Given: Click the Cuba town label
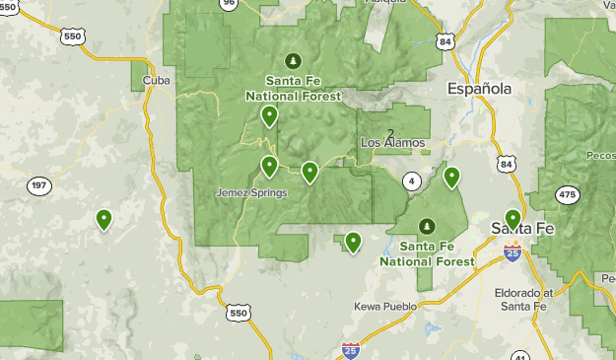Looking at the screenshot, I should coord(151,80).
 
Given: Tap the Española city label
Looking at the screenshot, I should coord(479,89).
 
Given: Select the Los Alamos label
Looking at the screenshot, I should coord(392,143).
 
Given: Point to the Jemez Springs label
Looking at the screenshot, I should coord(251,192).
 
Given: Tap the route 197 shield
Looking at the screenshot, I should coord(39,185).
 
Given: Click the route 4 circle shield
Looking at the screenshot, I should coord(411,180).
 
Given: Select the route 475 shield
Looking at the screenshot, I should coord(567,195).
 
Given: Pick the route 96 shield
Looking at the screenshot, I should coord(229,3).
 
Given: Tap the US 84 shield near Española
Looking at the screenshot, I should coord(445,41).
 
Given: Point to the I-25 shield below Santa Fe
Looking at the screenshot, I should coord(512,253).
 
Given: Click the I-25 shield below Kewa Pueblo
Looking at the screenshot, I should coord(351,349).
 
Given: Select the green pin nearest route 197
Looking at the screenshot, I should coord(103,219).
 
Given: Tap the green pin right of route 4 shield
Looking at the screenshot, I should coord(451,177).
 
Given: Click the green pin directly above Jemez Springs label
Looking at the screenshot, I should coord(269,165).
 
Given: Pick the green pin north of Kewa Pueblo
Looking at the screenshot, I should coord(352,242).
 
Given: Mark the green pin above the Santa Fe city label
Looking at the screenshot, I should coord(513,218).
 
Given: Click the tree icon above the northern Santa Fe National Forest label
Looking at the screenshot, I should coord(292,59).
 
